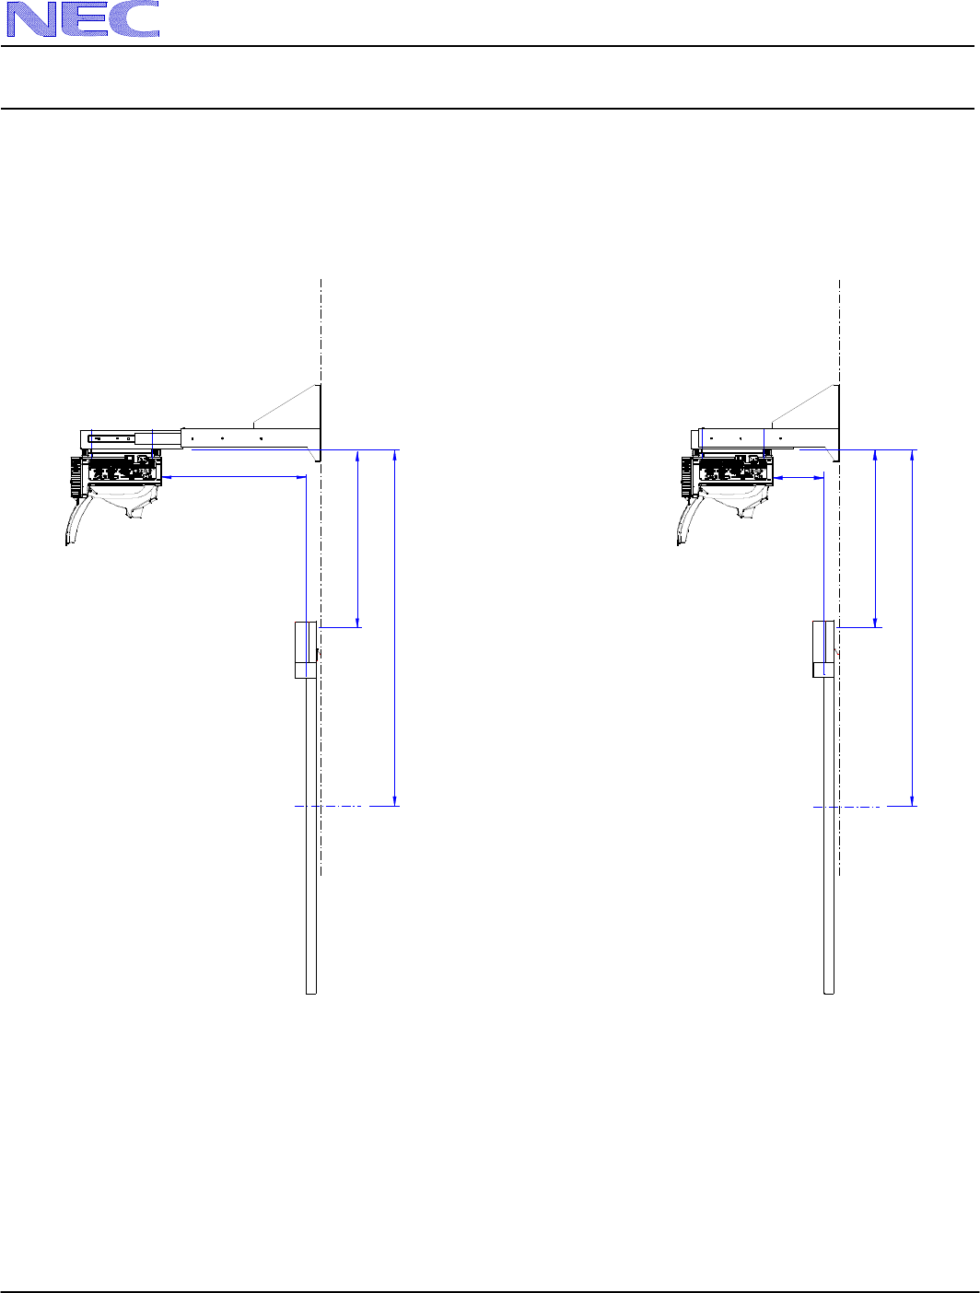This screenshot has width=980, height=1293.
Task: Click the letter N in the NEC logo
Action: tap(31, 19)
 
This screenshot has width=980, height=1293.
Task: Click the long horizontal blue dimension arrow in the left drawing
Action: tap(234, 477)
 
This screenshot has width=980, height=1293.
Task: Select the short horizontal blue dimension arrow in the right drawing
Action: tap(799, 478)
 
